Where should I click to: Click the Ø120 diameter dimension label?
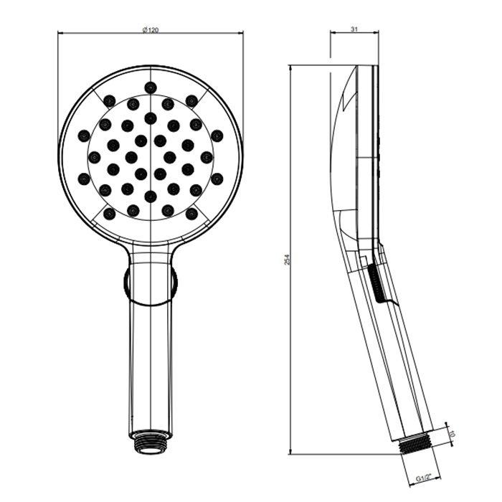(150, 30)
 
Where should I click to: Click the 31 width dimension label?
(354, 29)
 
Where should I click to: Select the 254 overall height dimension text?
(287, 260)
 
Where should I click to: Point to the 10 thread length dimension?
(453, 435)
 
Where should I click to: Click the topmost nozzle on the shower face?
(151, 87)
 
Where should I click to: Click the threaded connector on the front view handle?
(151, 442)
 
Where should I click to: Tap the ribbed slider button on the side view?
(376, 283)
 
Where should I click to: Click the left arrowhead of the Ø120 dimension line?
(61, 32)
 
